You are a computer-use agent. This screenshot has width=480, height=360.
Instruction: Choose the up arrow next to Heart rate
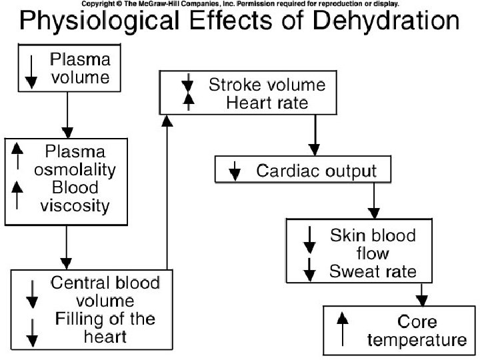point(189,101)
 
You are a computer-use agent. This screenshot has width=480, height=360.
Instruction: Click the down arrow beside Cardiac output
point(235,171)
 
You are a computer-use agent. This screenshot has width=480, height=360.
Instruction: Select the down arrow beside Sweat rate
point(309,270)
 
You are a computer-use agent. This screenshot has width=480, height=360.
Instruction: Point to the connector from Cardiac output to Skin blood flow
point(373,199)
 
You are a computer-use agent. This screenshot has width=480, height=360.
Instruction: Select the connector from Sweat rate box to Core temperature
point(421,293)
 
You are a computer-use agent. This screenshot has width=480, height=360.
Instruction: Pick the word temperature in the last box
point(416,340)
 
